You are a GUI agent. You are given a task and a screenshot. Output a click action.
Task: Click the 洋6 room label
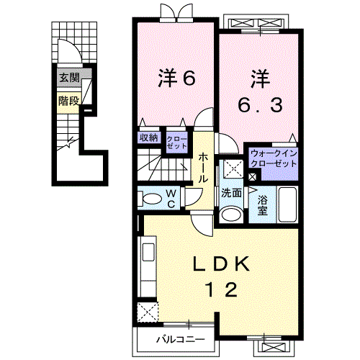coord(176,78)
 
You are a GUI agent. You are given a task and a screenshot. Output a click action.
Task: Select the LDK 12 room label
coord(220,276)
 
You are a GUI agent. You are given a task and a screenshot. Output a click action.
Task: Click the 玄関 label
coord(69,78)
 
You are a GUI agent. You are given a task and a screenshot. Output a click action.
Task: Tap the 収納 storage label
coord(149,138)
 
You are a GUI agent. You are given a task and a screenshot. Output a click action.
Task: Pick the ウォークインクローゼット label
coord(273,158)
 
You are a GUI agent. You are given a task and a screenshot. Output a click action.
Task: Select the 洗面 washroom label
coord(230,194)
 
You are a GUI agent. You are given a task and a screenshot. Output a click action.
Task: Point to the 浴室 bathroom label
coord(263,205)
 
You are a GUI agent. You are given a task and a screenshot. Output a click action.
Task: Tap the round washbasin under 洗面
coord(230,214)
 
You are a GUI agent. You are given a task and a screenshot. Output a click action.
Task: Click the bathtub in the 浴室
coord(287,205)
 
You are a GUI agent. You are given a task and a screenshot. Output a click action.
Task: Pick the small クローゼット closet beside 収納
coord(176,141)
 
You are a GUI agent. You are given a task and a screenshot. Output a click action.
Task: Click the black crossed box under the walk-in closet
coord(251,177)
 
